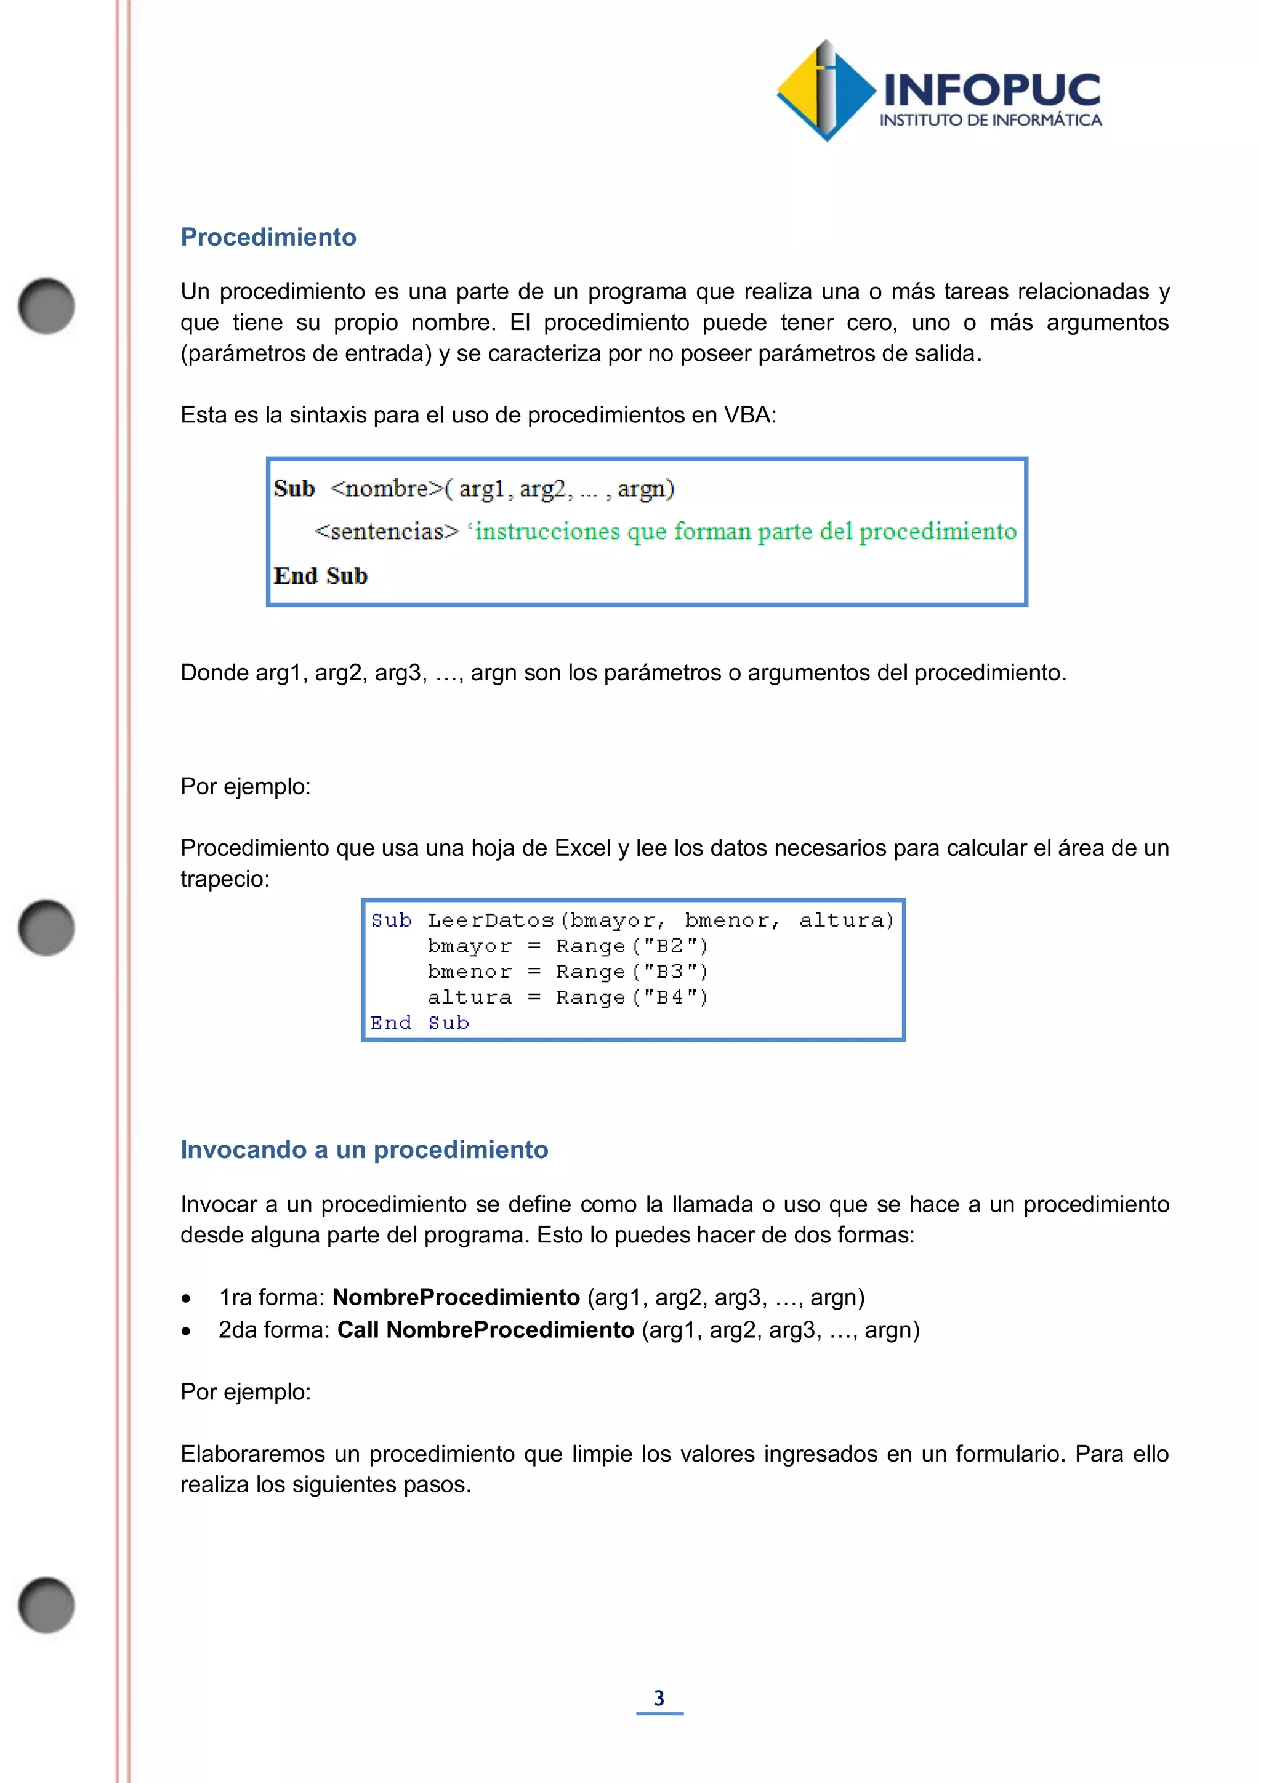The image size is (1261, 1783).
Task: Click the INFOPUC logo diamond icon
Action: point(826,91)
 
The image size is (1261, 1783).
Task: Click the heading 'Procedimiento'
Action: point(268,237)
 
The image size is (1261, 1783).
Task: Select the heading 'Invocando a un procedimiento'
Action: point(364,1149)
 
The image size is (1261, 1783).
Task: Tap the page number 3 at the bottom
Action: point(659,1699)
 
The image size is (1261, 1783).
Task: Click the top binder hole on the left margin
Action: point(47,306)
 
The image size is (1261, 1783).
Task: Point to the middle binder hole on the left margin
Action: point(47,927)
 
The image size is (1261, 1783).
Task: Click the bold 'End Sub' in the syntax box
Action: point(320,576)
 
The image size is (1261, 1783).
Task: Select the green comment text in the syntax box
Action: point(744,532)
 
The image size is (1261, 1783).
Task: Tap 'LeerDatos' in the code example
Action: point(490,920)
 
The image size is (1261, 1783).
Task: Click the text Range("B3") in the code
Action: point(631,972)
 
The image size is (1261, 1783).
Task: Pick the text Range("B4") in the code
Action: point(631,997)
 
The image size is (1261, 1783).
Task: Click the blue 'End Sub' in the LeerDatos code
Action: point(419,1023)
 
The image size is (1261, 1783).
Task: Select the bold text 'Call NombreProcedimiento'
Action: point(485,1329)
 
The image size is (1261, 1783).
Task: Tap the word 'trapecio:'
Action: point(225,879)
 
